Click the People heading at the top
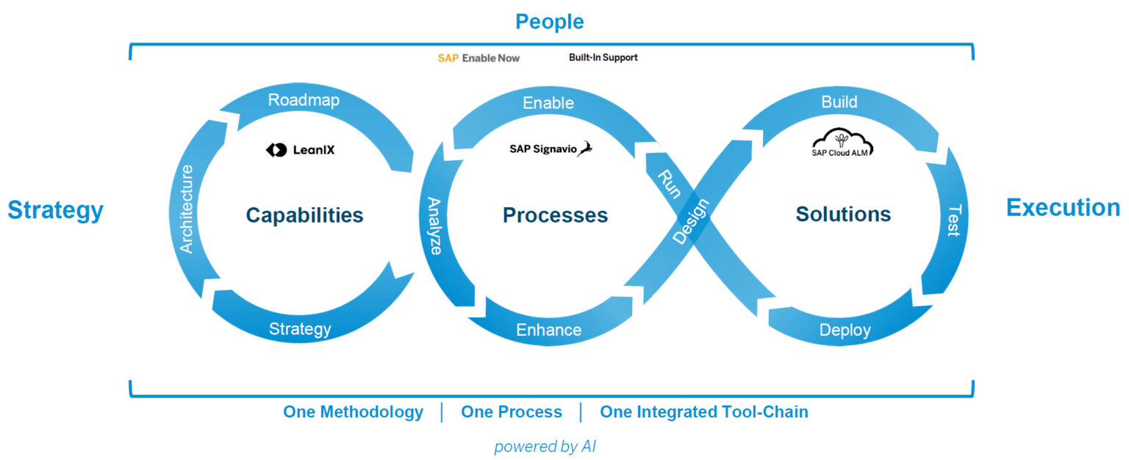[549, 22]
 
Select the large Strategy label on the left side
[55, 211]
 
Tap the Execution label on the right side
[1063, 208]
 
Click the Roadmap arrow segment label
[304, 101]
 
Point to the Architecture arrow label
[187, 209]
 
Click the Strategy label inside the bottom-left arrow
[299, 328]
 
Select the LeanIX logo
[300, 150]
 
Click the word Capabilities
[304, 215]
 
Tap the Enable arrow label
[548, 103]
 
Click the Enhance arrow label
[548, 330]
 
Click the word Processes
[555, 215]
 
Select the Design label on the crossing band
[692, 221]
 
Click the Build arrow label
[839, 102]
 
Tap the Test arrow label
[953, 220]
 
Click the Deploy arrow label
[845, 330]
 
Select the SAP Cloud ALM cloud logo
[842, 143]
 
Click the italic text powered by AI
[545, 446]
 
